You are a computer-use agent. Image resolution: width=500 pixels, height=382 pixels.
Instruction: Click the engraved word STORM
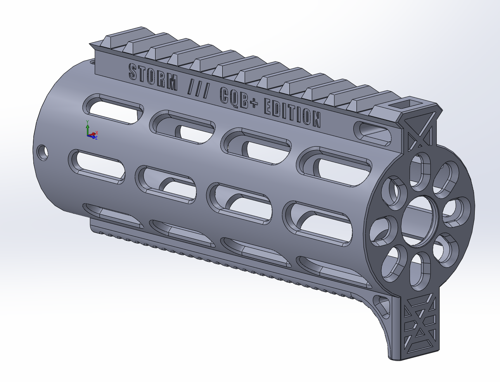[153, 78]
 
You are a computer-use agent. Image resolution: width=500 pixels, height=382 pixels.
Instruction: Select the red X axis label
[97, 132]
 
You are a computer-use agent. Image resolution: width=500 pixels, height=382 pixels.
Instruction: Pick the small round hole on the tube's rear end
[42, 153]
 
